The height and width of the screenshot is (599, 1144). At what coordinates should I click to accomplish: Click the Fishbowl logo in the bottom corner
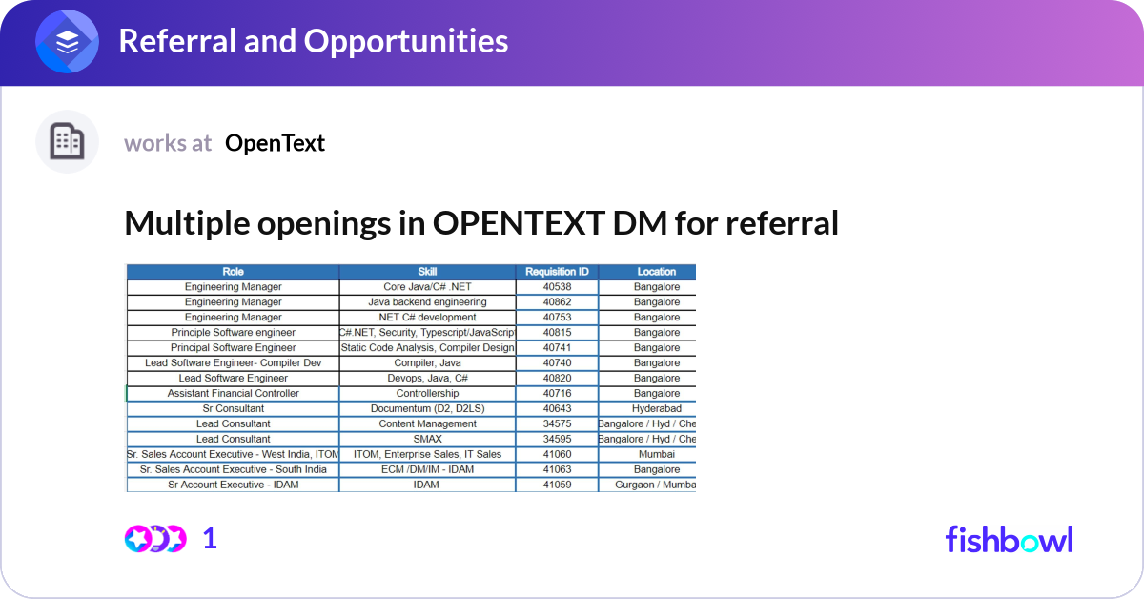[1009, 539]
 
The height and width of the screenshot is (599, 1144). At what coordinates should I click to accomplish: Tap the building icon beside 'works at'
[67, 142]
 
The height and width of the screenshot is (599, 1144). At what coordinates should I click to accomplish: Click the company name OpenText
[275, 143]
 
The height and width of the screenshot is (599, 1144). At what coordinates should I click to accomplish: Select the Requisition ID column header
[557, 272]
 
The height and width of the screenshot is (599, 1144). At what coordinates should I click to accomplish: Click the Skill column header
[427, 272]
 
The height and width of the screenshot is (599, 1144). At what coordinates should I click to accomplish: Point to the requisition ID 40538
[557, 287]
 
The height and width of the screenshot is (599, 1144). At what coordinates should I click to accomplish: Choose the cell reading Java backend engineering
[427, 302]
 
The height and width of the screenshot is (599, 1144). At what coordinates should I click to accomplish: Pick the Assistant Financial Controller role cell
[233, 394]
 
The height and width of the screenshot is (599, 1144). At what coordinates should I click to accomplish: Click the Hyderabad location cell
[656, 409]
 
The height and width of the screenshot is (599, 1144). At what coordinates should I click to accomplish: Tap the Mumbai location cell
[656, 455]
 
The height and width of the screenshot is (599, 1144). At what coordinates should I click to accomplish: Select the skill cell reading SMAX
[427, 440]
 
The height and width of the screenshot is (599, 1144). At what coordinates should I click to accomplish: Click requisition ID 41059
[557, 485]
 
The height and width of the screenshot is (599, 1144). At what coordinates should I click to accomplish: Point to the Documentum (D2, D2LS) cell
[427, 409]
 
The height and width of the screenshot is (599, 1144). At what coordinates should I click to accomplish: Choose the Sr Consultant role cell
[233, 409]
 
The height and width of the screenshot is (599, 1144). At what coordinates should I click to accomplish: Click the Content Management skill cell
[427, 424]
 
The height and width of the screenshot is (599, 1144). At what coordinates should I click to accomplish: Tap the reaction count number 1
[210, 539]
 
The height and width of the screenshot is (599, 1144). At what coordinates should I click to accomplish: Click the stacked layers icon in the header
[67, 42]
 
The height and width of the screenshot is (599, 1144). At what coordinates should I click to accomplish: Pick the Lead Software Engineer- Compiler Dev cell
[233, 363]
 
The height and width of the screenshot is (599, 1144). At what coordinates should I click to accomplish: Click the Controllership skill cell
[427, 394]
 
